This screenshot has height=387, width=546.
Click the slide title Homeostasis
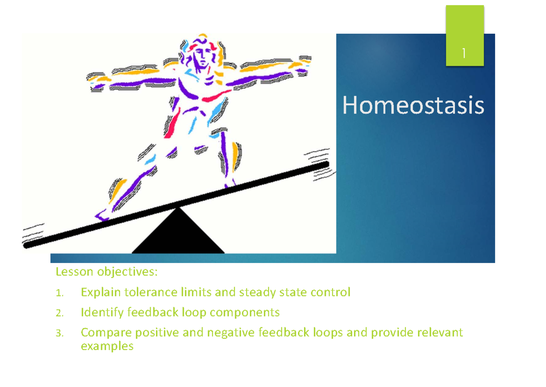[413, 106]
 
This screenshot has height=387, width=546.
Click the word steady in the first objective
[256, 292]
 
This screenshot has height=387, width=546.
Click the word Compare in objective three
[105, 332]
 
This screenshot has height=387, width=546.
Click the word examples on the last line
[107, 346]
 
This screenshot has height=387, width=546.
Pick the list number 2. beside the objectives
[59, 313]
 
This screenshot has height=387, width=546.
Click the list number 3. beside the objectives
[59, 333]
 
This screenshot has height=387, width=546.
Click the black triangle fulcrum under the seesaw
[178, 235]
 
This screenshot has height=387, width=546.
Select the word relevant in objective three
[437, 332]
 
